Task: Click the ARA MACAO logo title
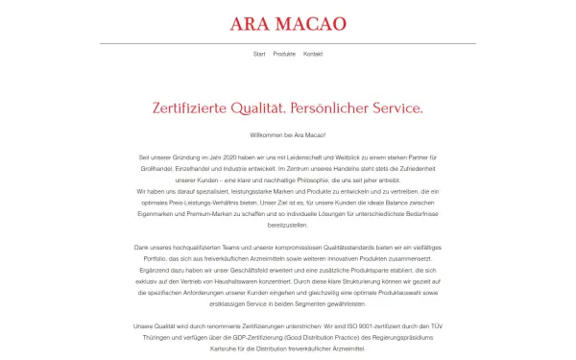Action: [x=287, y=23]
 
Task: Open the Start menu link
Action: [x=258, y=54]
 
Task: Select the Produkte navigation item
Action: [x=284, y=54]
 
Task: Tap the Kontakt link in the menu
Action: [x=313, y=54]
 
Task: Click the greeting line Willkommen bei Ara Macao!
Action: [x=288, y=135]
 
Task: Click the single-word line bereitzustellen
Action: [x=288, y=219]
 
